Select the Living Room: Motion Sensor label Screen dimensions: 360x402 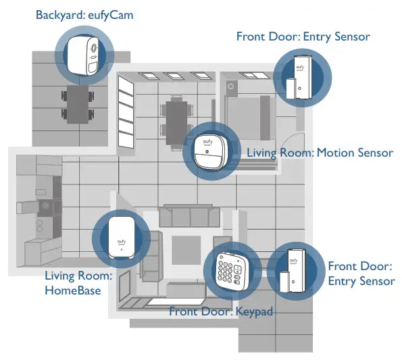[320, 153]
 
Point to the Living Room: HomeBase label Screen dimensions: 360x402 [78, 283]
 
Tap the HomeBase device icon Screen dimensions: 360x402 [119, 238]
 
